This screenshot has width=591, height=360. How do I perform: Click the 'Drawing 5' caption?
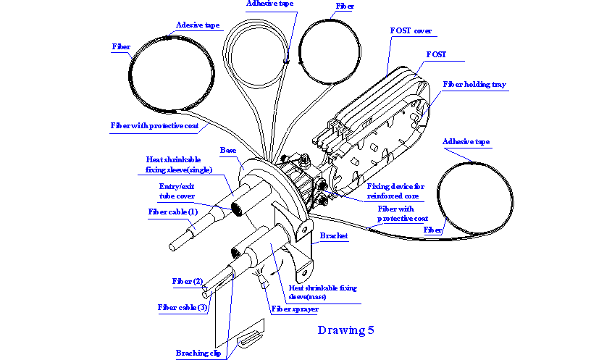(346, 330)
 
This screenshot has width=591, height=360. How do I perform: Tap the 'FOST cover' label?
(411, 31)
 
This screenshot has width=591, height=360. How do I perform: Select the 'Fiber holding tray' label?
(474, 85)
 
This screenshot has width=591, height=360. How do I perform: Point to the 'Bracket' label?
(334, 235)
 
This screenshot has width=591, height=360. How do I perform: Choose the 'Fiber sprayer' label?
(295, 309)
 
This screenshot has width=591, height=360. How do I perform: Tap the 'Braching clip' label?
(198, 353)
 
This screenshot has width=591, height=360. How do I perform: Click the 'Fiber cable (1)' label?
(173, 212)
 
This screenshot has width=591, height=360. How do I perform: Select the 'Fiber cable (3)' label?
(183, 307)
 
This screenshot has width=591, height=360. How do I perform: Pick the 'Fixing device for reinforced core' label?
(395, 191)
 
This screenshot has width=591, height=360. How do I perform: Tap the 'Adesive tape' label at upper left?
(198, 25)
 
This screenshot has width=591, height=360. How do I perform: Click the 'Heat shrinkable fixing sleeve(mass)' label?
(322, 292)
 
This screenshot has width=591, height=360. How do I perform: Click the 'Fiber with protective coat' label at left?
(154, 125)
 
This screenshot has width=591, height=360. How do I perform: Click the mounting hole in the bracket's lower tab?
(306, 272)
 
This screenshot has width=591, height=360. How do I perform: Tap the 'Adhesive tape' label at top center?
(270, 4)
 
